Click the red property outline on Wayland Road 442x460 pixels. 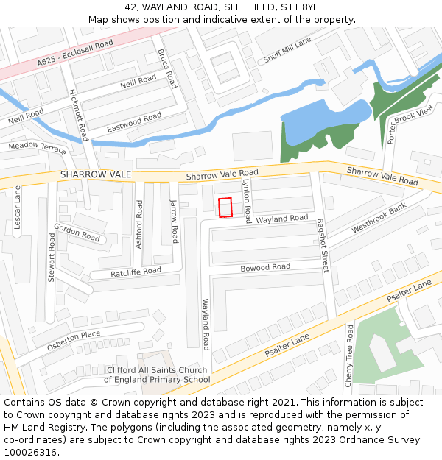coord(225,208)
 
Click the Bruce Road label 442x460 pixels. coord(167,68)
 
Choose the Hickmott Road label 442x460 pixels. coord(78,116)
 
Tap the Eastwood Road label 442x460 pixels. coord(134,122)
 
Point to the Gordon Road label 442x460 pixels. coord(77,233)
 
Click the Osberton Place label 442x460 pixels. coord(73,340)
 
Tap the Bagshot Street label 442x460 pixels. coord(322,245)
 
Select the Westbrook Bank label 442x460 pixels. coord(379,219)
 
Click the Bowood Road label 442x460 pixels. coord(265,267)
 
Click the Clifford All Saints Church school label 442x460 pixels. coord(157,375)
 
